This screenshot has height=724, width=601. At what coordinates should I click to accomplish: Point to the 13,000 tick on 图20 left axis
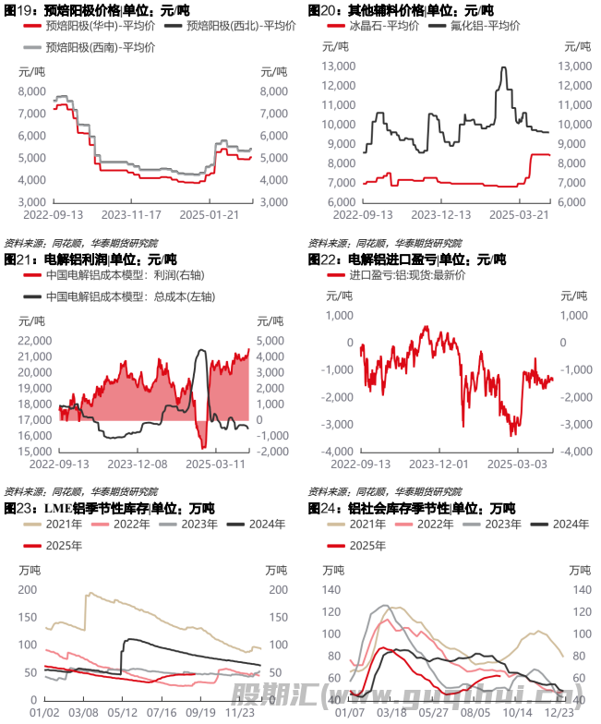click(338, 66)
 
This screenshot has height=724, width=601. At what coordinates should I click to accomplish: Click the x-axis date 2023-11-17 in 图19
click(129, 214)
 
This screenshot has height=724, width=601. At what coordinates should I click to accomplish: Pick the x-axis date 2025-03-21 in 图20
click(518, 214)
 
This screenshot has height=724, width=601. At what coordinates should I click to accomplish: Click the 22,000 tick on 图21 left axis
click(34, 341)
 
